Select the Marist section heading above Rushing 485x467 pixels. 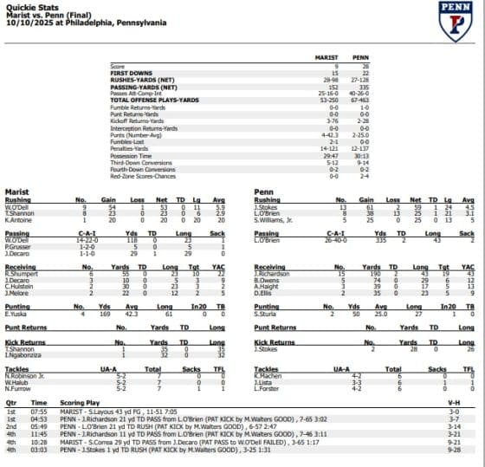click(17, 191)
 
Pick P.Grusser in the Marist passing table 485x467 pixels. click(18, 244)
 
